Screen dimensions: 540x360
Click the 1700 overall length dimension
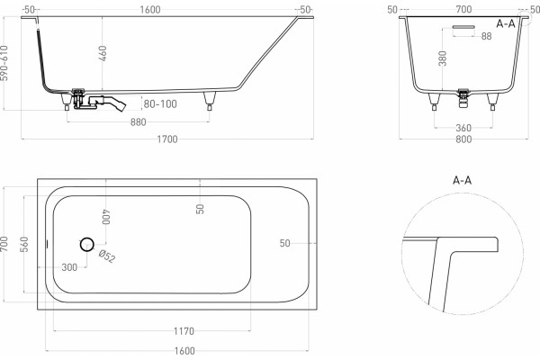(x=167, y=139)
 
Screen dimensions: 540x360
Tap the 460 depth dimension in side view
(x=103, y=53)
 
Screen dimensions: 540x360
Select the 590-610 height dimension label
(x=4, y=63)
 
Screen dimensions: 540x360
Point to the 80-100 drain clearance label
(x=160, y=103)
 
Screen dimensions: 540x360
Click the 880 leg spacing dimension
(x=138, y=122)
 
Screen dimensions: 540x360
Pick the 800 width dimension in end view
(x=463, y=139)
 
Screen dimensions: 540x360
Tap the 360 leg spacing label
(x=463, y=128)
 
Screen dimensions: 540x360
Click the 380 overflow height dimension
(x=443, y=58)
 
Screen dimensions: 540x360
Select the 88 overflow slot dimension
(x=486, y=36)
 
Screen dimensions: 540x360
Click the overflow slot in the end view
(x=463, y=26)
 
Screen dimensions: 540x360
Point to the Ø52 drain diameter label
(x=107, y=256)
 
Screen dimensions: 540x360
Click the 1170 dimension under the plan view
(x=184, y=331)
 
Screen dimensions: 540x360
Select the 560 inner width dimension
(x=24, y=244)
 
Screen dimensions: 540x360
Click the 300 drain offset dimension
(x=69, y=267)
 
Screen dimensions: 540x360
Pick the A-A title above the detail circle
(x=463, y=180)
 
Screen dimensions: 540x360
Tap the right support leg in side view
(x=210, y=100)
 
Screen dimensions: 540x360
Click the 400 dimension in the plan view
(x=106, y=217)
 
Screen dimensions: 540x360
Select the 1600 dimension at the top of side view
(x=150, y=10)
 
